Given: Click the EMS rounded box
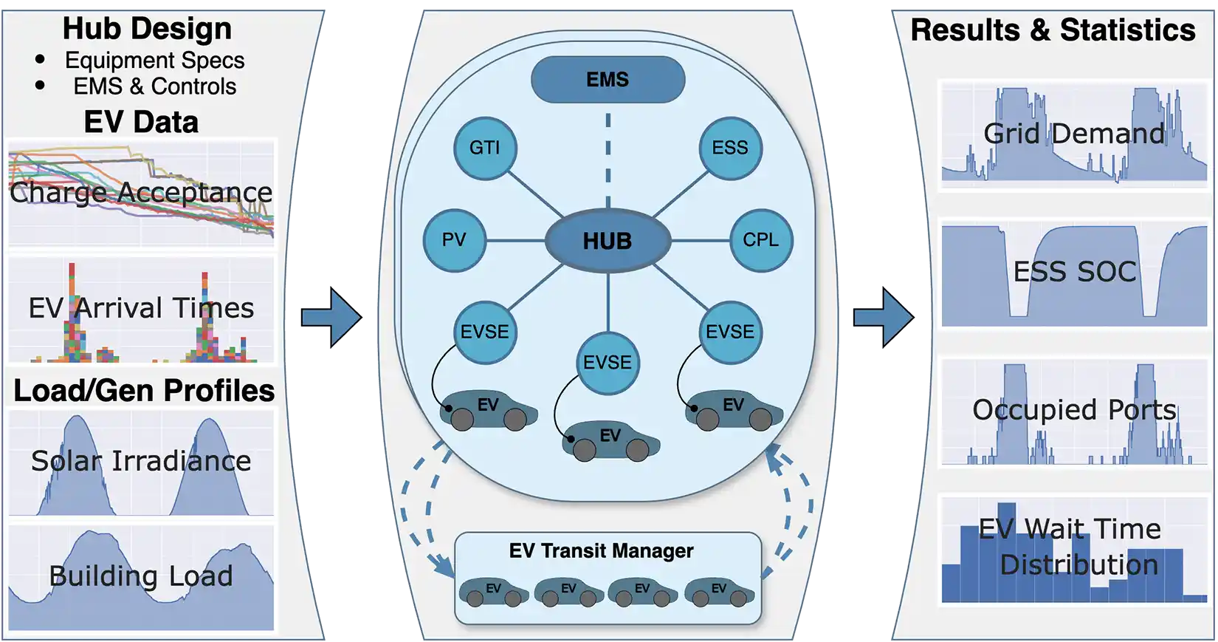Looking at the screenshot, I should click(x=608, y=80).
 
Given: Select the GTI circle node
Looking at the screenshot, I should click(x=484, y=148).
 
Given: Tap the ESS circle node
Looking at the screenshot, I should click(x=730, y=148).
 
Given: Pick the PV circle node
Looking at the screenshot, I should click(x=454, y=240).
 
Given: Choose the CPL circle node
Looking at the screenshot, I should click(x=760, y=240).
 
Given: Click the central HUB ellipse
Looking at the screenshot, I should click(x=608, y=241).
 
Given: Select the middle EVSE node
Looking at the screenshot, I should click(x=608, y=363).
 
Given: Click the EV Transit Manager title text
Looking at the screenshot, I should click(x=601, y=551).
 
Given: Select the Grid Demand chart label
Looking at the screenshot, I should click(x=1074, y=134).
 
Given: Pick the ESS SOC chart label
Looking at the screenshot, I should click(x=1074, y=272).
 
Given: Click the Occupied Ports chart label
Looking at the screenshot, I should click(x=1074, y=410).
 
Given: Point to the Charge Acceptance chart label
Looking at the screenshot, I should click(x=141, y=192).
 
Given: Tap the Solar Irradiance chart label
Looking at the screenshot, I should click(x=141, y=461).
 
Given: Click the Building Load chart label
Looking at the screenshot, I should click(x=141, y=576).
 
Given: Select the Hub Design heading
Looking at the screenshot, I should click(x=147, y=29).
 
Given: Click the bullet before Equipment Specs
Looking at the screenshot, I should click(x=40, y=59).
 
